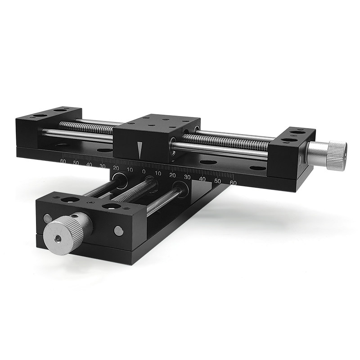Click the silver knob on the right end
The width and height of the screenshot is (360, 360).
click(327, 155)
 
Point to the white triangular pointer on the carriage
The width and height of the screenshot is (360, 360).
click(139, 150)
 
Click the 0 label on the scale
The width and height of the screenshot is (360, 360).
click(144, 171)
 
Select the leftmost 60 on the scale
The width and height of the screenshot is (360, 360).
click(63, 161)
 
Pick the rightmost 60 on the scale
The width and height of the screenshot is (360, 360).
click(233, 183)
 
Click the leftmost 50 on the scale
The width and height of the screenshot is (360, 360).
click(76, 163)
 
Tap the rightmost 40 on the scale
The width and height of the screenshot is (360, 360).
click(202, 179)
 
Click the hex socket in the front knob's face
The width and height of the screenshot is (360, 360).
click(58, 239)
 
